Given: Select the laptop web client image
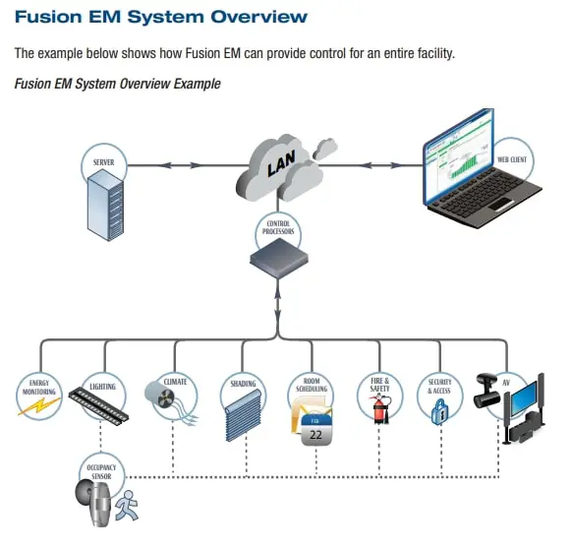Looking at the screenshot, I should click(482, 177).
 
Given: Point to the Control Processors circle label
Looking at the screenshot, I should click(279, 227).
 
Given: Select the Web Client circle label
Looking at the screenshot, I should click(510, 158).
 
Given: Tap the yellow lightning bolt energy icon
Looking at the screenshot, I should click(36, 406).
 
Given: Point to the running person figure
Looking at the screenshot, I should click(126, 507).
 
